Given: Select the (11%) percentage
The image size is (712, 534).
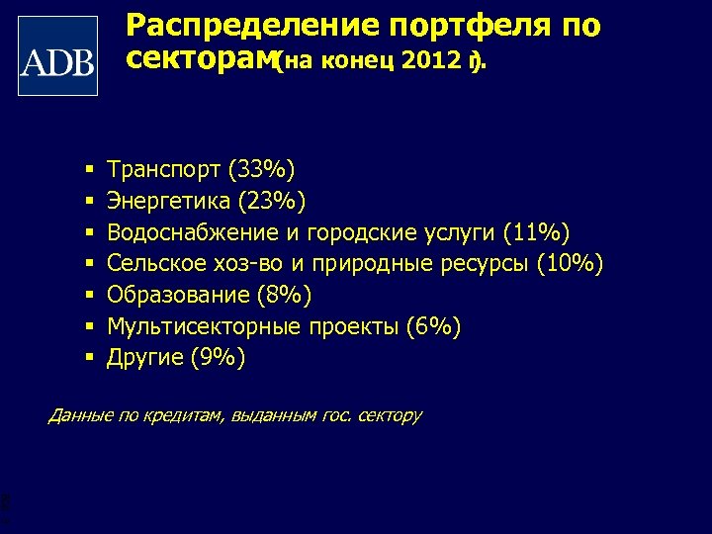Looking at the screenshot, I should [x=536, y=233].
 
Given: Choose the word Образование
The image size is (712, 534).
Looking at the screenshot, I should [x=176, y=295].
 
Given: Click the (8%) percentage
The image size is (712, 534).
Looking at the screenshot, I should [x=283, y=295].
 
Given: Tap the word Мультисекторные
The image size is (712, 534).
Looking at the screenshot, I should [x=203, y=326].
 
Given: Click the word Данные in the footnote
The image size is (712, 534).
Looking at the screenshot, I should [x=80, y=415].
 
